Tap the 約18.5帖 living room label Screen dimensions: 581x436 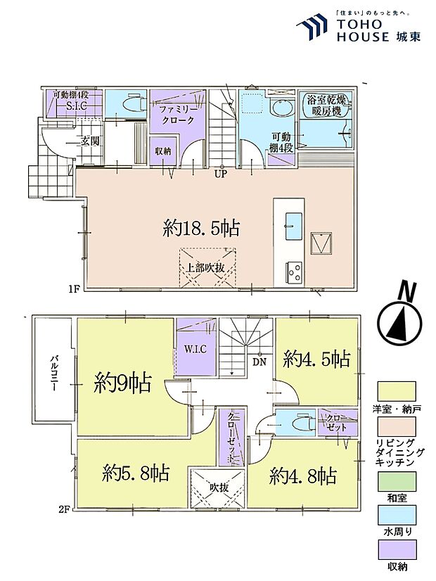tap(201, 228)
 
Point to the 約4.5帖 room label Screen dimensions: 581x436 tap(316, 359)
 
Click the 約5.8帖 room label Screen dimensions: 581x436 tap(136, 472)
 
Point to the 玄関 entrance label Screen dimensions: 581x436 tap(89, 141)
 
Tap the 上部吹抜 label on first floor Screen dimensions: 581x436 tap(205, 267)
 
